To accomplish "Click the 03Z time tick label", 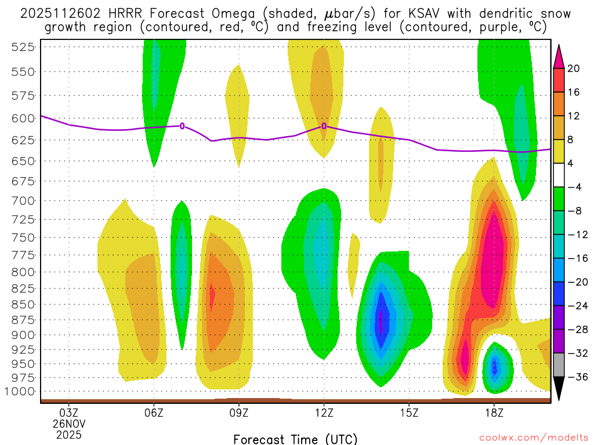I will [69, 413].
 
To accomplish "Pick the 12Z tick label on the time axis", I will [324, 413].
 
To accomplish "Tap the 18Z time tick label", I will [494, 413].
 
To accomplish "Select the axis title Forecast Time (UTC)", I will [295, 439].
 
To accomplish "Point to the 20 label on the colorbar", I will [574, 68].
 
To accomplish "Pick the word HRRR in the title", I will [125, 13].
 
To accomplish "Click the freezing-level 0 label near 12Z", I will [324, 126].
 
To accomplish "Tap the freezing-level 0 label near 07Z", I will [182, 126].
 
